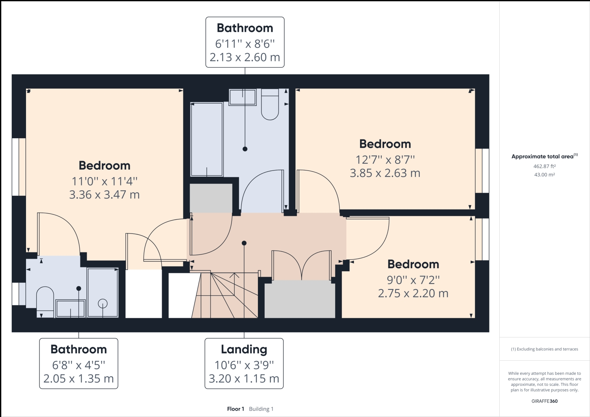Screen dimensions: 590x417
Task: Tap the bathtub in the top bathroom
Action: click(207, 139)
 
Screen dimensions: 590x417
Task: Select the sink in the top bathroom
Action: click(243, 97)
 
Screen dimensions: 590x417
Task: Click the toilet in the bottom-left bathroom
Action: click(45, 302)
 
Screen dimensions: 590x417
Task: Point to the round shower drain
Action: click(103, 304)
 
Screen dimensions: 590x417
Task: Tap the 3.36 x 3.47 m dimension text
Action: click(104, 195)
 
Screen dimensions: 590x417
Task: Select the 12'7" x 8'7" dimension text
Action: click(385, 159)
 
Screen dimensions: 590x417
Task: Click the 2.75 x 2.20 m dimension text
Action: click(413, 293)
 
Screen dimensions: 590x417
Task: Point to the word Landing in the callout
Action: click(244, 349)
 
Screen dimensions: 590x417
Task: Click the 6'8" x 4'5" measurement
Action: click(78, 365)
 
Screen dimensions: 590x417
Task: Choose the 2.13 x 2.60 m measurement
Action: click(245, 57)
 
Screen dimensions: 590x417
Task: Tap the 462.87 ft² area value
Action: click(544, 166)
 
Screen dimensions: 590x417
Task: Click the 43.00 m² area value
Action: click(544, 174)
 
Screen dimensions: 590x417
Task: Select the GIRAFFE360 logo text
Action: click(544, 401)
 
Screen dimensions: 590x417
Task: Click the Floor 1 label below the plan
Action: click(235, 409)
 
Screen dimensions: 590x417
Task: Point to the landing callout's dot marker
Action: click(244, 243)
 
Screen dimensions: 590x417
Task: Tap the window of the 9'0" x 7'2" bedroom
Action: click(482, 239)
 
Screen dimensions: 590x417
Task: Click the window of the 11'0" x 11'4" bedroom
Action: click(19, 167)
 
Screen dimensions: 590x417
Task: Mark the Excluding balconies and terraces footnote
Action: click(544, 349)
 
